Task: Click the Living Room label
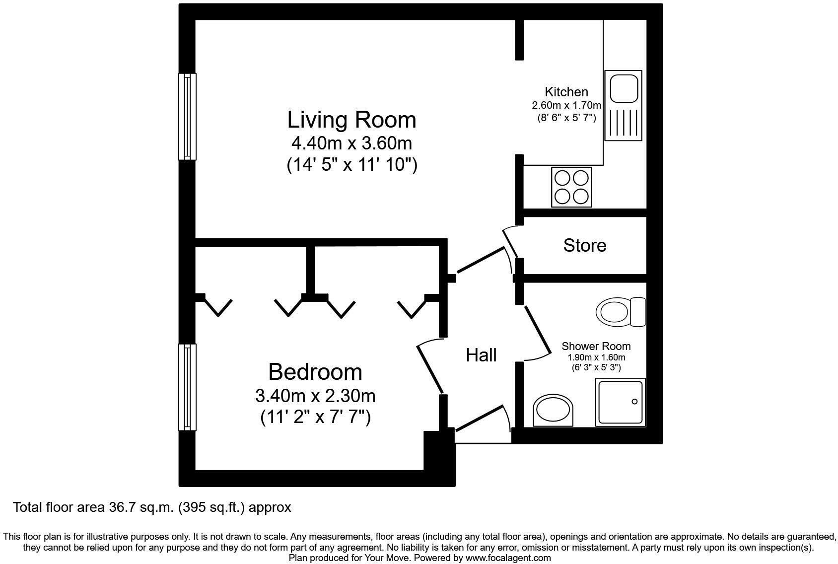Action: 351,120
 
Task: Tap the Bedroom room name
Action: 315,372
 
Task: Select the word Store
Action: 584,245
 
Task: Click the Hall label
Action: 481,355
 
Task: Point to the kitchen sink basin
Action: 623,89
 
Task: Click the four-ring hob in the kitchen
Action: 571,187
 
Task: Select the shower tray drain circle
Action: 634,402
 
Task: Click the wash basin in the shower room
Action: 553,412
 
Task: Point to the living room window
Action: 187,117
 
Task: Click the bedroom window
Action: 187,387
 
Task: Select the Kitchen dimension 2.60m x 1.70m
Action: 566,105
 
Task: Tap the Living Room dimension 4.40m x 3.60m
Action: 351,143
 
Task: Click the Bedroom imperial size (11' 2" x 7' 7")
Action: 315,417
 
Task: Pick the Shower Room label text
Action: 596,346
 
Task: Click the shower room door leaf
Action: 538,330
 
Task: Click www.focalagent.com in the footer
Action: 508,558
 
